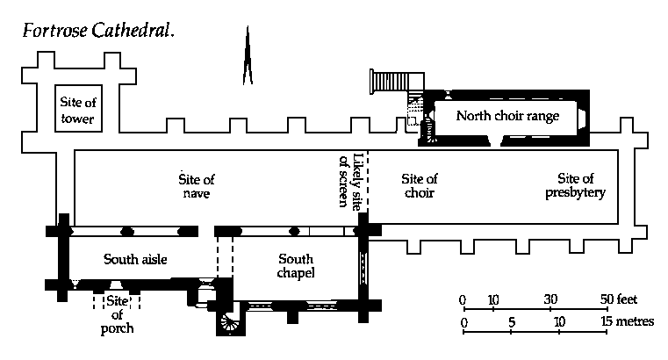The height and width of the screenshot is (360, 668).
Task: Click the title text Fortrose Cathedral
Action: tap(98, 31)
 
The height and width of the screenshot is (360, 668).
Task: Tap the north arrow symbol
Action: tap(248, 55)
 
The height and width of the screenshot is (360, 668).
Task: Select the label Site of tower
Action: tap(78, 110)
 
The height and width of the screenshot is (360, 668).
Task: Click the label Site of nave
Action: tap(197, 186)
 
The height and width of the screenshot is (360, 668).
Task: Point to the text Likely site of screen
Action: tap(350, 181)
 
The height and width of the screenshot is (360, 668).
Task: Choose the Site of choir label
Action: tap(420, 186)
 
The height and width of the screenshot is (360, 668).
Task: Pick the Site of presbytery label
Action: tap(575, 185)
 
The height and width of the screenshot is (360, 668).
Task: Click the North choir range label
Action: tap(507, 116)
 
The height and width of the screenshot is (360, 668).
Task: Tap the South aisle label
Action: tap(135, 259)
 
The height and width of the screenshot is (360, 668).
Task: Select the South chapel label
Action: tap(296, 266)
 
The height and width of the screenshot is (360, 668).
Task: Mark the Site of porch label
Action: tap(117, 315)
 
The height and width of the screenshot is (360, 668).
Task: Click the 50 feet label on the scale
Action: tap(619, 299)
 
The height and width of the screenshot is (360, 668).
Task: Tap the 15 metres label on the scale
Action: tap(627, 320)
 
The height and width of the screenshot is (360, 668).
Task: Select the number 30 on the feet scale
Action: tap(550, 299)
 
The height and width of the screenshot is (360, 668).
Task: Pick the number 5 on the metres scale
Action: tap(512, 322)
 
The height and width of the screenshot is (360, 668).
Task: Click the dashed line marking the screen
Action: tap(367, 181)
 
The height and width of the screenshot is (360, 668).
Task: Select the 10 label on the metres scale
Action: tap(559, 321)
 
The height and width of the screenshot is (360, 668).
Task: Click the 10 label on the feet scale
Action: tap(493, 299)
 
